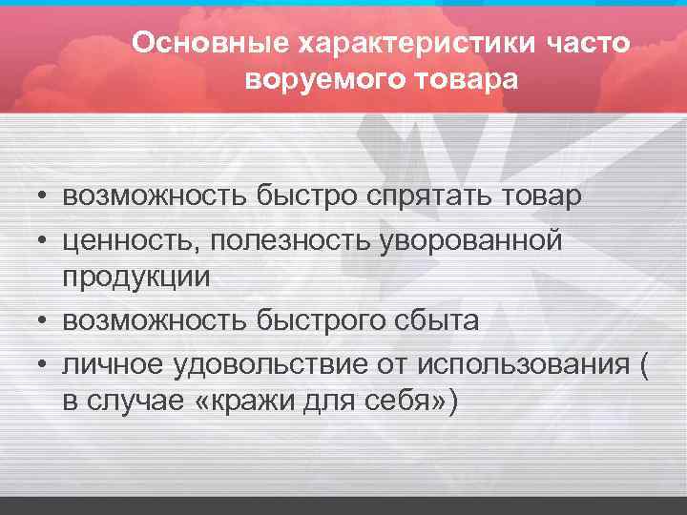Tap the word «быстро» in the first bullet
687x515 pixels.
(x=304, y=197)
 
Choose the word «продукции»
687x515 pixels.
(x=135, y=278)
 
